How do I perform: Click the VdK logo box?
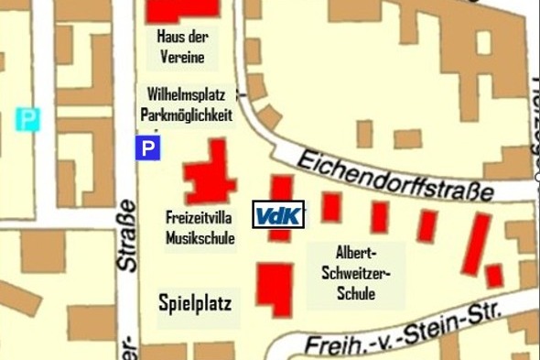click(x=280, y=215)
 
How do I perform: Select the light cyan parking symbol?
click(x=29, y=118)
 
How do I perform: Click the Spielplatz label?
click(x=194, y=302)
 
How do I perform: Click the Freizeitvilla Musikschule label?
click(x=200, y=229)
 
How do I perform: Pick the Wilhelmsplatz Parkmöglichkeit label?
click(x=186, y=104)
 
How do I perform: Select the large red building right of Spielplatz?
click(x=274, y=289)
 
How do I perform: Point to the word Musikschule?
click(x=200, y=238)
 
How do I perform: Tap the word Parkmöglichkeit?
click(x=186, y=115)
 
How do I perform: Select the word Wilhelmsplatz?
click(x=186, y=93)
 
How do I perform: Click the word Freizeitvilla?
click(x=200, y=219)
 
